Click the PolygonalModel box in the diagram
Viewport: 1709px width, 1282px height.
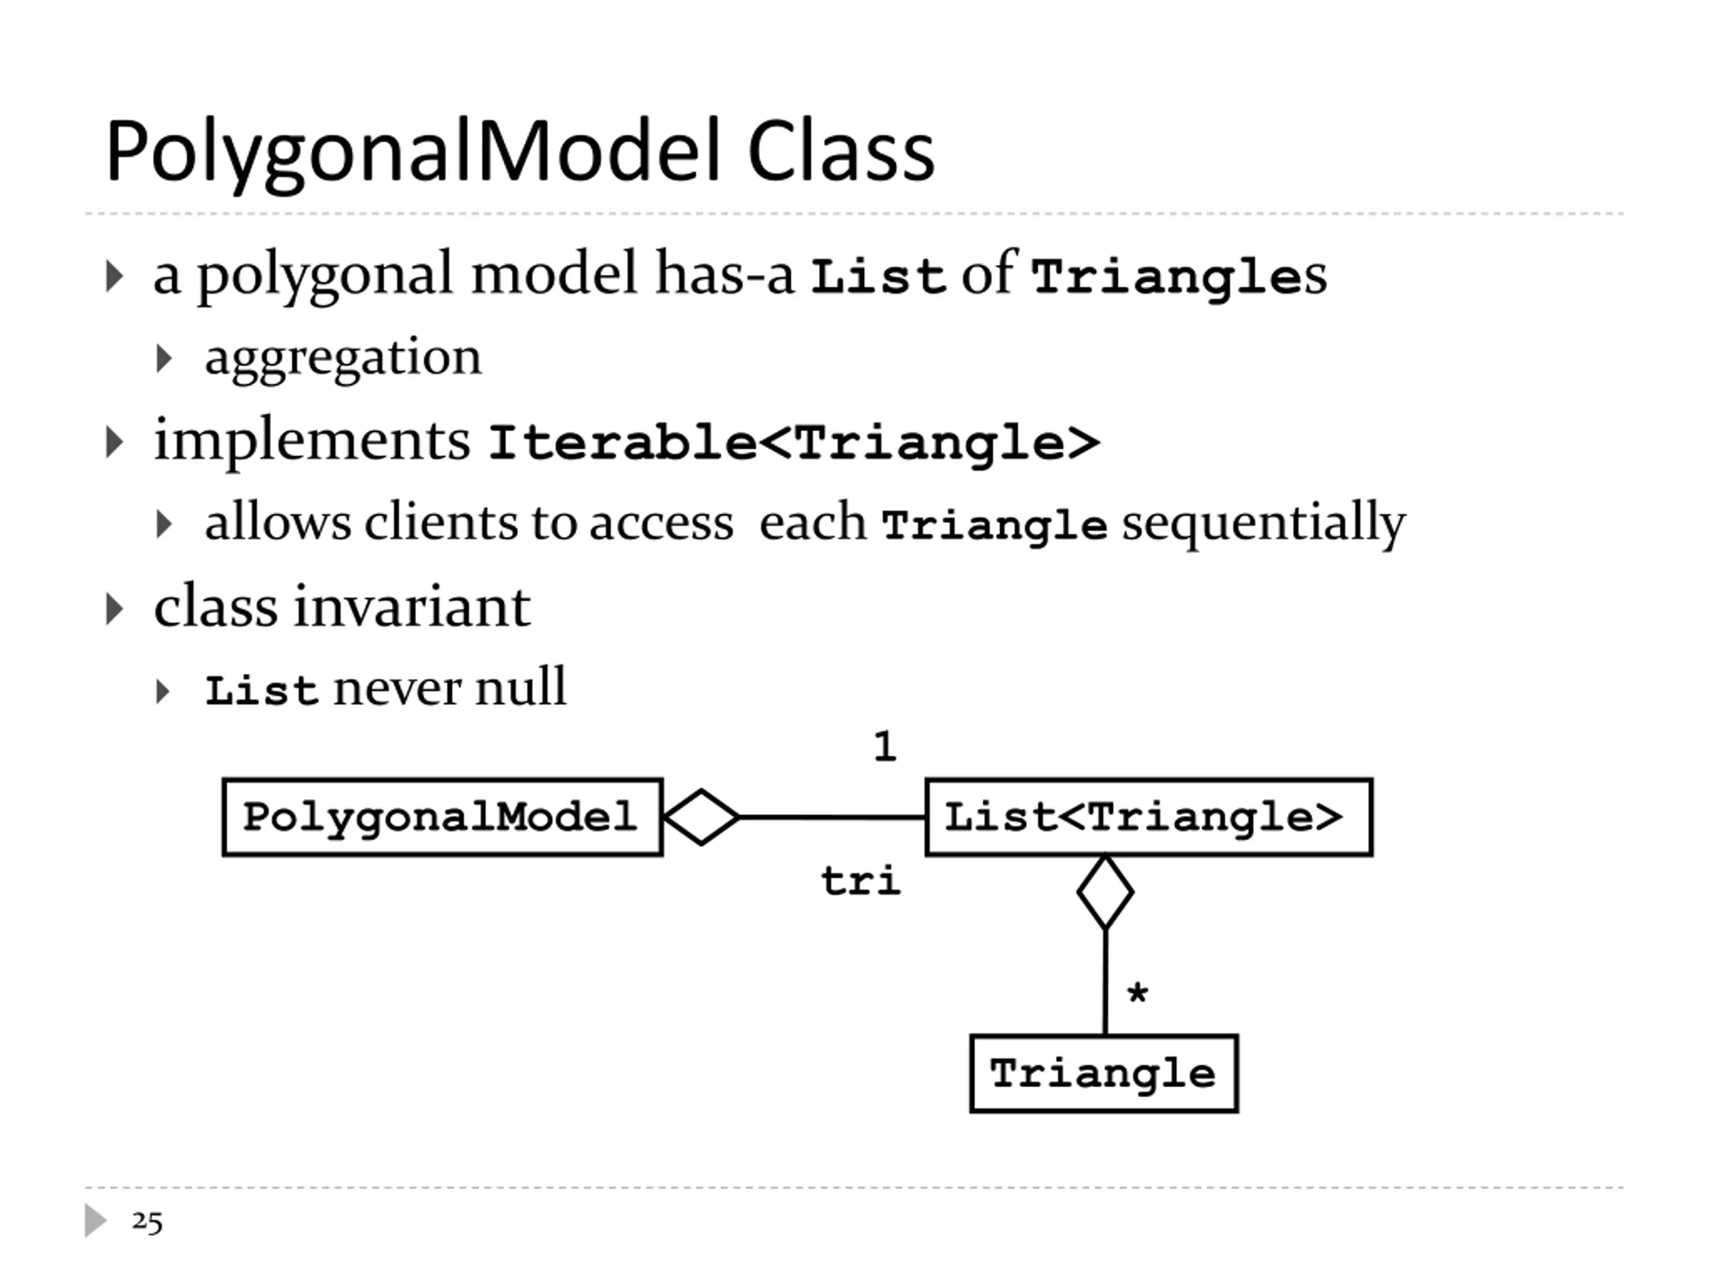pyautogui.click(x=443, y=817)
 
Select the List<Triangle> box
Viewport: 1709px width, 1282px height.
pyautogui.click(x=1149, y=817)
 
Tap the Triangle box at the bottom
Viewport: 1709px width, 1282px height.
pyautogui.click(x=1104, y=1074)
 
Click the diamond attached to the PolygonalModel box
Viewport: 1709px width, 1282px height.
pyautogui.click(x=702, y=817)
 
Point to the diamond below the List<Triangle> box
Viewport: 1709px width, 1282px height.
pyautogui.click(x=1106, y=892)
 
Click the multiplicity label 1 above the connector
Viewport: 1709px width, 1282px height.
pyautogui.click(x=885, y=746)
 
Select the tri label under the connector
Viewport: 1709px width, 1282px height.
pyautogui.click(x=860, y=880)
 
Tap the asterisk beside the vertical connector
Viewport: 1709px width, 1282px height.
pyautogui.click(x=1138, y=992)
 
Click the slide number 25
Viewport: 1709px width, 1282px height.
pyautogui.click(x=148, y=1222)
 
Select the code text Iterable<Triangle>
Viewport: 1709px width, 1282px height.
pyautogui.click(x=794, y=443)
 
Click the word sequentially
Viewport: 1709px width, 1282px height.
pyautogui.click(x=1264, y=523)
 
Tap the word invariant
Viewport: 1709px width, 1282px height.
pyautogui.click(x=412, y=606)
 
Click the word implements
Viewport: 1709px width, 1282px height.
pyautogui.click(x=312, y=441)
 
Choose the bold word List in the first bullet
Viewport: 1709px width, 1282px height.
pyautogui.click(x=879, y=276)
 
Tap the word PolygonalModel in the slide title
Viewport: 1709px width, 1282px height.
pyautogui.click(x=413, y=153)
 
